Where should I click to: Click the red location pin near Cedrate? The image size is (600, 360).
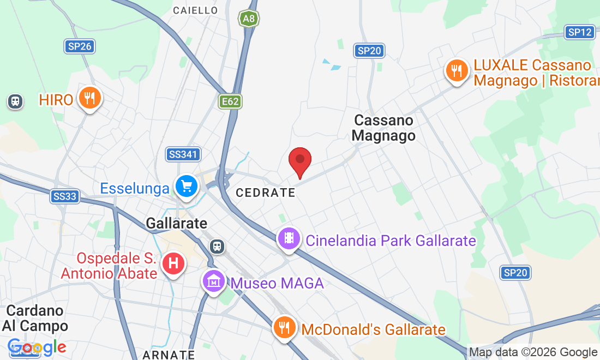tap(299, 160)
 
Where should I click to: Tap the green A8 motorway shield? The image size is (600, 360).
tap(248, 19)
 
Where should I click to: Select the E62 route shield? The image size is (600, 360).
tap(231, 101)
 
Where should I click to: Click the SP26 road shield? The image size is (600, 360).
tap(80, 46)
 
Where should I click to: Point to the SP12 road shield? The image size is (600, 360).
tap(579, 32)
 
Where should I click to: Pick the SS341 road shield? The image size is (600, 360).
tap(183, 154)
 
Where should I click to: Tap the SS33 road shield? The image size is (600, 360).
tap(65, 196)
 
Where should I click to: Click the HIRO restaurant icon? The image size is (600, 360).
tap(88, 98)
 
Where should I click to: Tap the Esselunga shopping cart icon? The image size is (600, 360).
tap(187, 187)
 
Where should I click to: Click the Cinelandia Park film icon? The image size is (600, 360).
tap(289, 238)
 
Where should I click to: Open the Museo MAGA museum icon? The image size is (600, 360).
tap(214, 281)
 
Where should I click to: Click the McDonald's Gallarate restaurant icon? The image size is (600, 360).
tap(284, 328)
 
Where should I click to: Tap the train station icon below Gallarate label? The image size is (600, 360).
tap(218, 246)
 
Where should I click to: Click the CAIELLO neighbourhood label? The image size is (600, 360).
tap(195, 10)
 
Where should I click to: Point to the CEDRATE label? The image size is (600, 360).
tap(265, 193)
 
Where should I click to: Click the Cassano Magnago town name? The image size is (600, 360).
tap(383, 128)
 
